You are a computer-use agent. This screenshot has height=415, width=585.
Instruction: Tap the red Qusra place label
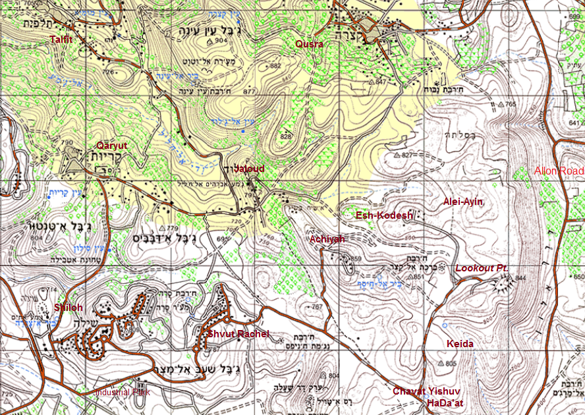[309, 44]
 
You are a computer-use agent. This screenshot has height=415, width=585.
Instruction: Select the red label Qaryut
[111, 145]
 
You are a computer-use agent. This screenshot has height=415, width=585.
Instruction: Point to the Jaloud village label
[250, 169]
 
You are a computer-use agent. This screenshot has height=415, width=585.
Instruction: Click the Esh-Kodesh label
[384, 215]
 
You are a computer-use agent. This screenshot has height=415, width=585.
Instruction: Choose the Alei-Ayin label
[463, 202]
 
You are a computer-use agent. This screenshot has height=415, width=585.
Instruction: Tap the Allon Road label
[559, 171]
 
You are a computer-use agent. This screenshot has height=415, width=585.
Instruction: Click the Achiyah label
[327, 239]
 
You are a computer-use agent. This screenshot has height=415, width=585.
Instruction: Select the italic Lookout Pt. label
[482, 269]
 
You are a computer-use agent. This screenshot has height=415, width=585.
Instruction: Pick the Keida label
[460, 344]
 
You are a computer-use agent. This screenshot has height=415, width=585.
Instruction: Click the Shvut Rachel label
[238, 334]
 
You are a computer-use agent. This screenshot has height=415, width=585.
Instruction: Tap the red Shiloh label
[69, 308]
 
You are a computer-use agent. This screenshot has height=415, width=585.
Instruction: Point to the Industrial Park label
[123, 392]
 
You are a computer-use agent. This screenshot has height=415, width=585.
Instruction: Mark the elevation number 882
[275, 66]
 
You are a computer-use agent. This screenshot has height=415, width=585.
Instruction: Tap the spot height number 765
[511, 104]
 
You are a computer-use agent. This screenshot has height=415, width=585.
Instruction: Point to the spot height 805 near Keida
[451, 364]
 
